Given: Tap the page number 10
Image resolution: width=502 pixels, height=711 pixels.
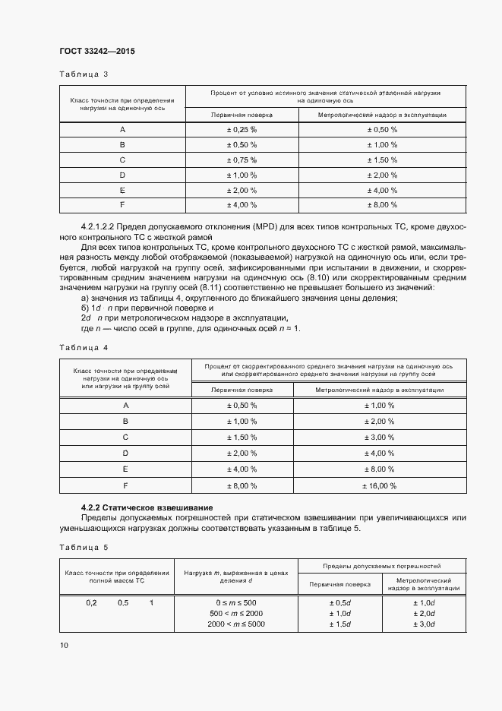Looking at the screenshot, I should (x=64, y=645).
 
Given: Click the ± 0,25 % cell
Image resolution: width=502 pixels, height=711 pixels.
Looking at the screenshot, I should (x=242, y=129).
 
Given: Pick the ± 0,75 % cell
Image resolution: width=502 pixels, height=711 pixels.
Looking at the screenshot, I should (x=242, y=160).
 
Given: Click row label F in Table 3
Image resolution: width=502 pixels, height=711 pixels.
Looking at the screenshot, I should (x=122, y=205).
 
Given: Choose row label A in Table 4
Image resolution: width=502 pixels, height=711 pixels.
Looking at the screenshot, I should (x=125, y=406).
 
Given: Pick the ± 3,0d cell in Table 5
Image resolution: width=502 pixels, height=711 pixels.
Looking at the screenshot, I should (x=423, y=624).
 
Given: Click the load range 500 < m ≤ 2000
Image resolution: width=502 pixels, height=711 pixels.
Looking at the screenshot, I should (x=236, y=613).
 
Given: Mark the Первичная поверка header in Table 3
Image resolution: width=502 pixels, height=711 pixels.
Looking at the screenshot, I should (x=242, y=115).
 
